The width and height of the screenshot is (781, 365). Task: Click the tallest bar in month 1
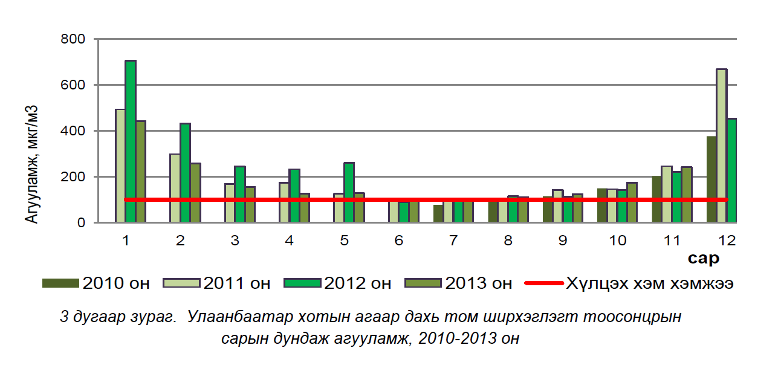pyautogui.click(x=131, y=141)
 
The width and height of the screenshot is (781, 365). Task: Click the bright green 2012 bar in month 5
pyautogui.click(x=349, y=192)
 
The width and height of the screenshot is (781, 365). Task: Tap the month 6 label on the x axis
pyautogui.click(x=398, y=241)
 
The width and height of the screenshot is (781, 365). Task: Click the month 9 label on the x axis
pyautogui.click(x=562, y=241)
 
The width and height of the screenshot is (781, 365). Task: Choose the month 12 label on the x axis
pyautogui.click(x=727, y=241)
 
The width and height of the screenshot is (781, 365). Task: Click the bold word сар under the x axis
pyautogui.click(x=703, y=259)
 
